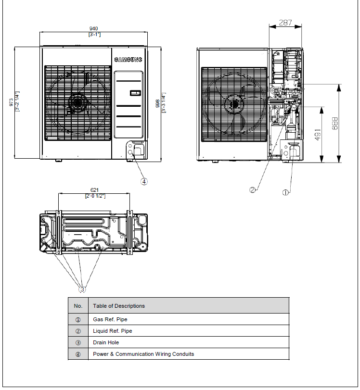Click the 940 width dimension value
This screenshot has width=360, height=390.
point(94,29)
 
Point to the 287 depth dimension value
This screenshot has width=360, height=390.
point(285,22)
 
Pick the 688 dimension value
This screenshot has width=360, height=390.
point(334,124)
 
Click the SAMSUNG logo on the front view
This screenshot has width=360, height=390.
point(129,60)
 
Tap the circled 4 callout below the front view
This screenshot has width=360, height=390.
point(144,182)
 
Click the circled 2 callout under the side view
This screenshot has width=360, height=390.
point(253,190)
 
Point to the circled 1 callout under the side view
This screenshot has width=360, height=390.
point(285,192)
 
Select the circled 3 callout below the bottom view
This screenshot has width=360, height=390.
point(82,289)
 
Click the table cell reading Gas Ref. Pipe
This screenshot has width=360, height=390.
point(110,319)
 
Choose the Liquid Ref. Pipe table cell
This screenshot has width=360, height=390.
point(113,331)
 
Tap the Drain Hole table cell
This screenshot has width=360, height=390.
point(106,342)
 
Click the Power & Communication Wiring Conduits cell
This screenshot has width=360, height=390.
point(143,354)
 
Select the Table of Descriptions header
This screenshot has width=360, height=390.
point(119,306)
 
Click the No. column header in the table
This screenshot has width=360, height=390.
point(78,306)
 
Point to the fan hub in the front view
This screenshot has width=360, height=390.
point(77,101)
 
